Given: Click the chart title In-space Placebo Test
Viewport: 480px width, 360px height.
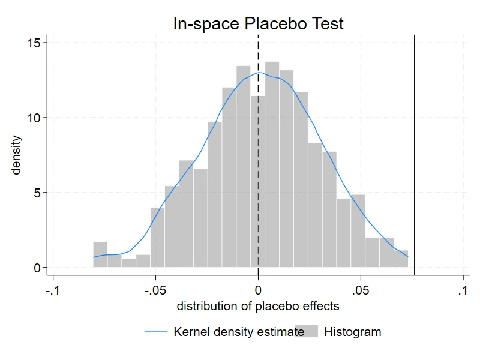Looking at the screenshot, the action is tap(259, 23).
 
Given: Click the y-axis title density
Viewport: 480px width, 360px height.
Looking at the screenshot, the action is tap(16, 155).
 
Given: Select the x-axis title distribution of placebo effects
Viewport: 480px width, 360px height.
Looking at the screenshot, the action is tap(258, 306).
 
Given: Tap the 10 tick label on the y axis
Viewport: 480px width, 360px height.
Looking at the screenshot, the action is tap(34, 118).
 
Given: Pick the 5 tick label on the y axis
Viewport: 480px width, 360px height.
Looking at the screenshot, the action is tap(37, 193).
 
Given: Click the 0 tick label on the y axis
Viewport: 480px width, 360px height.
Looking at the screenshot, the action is tap(37, 268).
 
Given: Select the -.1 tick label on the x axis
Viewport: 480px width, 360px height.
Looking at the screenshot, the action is tap(53, 290).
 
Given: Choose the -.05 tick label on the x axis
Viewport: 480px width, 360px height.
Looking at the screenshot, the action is tap(155, 290).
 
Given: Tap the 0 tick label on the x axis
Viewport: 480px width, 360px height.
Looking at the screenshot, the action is tap(258, 290).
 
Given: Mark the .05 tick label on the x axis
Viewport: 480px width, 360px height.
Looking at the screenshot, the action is tap(361, 290).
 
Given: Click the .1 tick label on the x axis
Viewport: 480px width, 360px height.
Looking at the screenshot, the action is tap(463, 290).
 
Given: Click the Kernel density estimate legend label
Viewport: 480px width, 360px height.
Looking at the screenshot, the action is tap(239, 332).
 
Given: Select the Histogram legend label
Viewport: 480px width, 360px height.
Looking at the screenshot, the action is tap(353, 332).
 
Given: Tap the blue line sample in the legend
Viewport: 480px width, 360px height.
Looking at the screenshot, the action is tap(156, 331).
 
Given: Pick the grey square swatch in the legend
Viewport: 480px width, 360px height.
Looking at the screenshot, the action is tap(307, 331).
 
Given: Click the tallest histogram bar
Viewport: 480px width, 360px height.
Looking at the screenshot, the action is tap(272, 164).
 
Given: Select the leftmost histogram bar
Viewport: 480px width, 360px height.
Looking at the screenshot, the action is tap(100, 254).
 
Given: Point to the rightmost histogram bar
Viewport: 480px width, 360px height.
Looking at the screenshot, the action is tap(401, 259).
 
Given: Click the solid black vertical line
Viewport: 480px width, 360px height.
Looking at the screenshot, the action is tap(415, 155).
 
